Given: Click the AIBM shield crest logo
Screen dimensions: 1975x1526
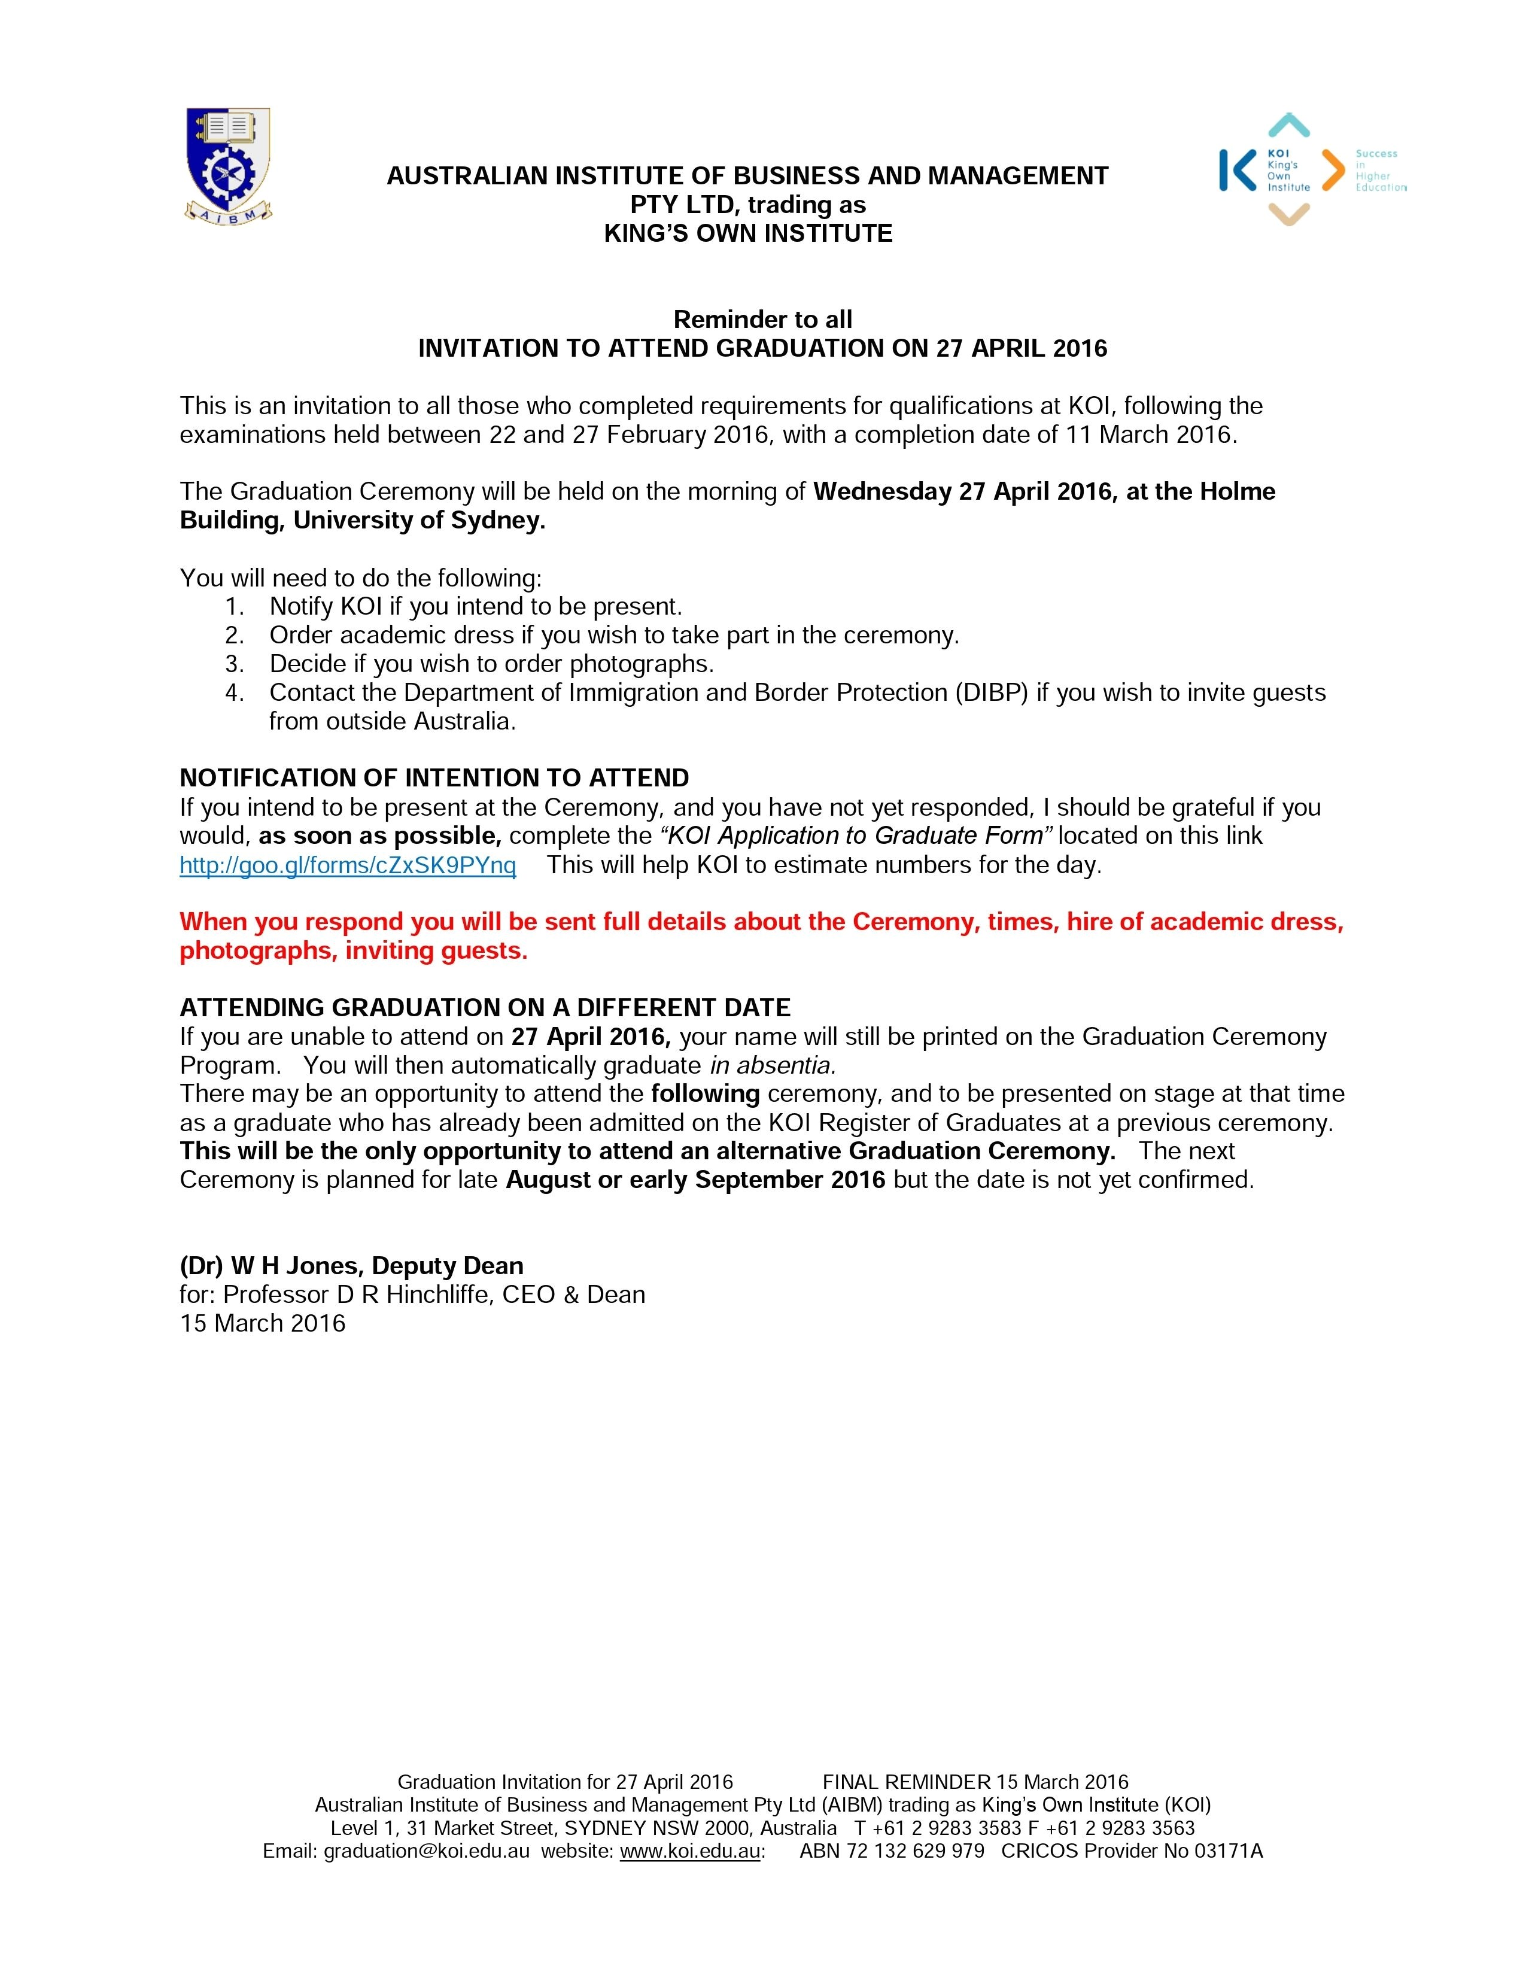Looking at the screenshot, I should point(228,165).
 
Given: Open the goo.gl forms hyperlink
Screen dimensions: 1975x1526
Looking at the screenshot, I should point(348,865).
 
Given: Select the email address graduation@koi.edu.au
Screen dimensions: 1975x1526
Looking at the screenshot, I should point(427,1851).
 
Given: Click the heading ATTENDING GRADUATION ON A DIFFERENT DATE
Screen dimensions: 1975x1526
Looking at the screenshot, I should point(485,1007).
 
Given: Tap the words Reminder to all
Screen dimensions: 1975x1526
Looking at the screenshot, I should point(763,319).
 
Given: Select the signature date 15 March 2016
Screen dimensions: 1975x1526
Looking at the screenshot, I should point(262,1323).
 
